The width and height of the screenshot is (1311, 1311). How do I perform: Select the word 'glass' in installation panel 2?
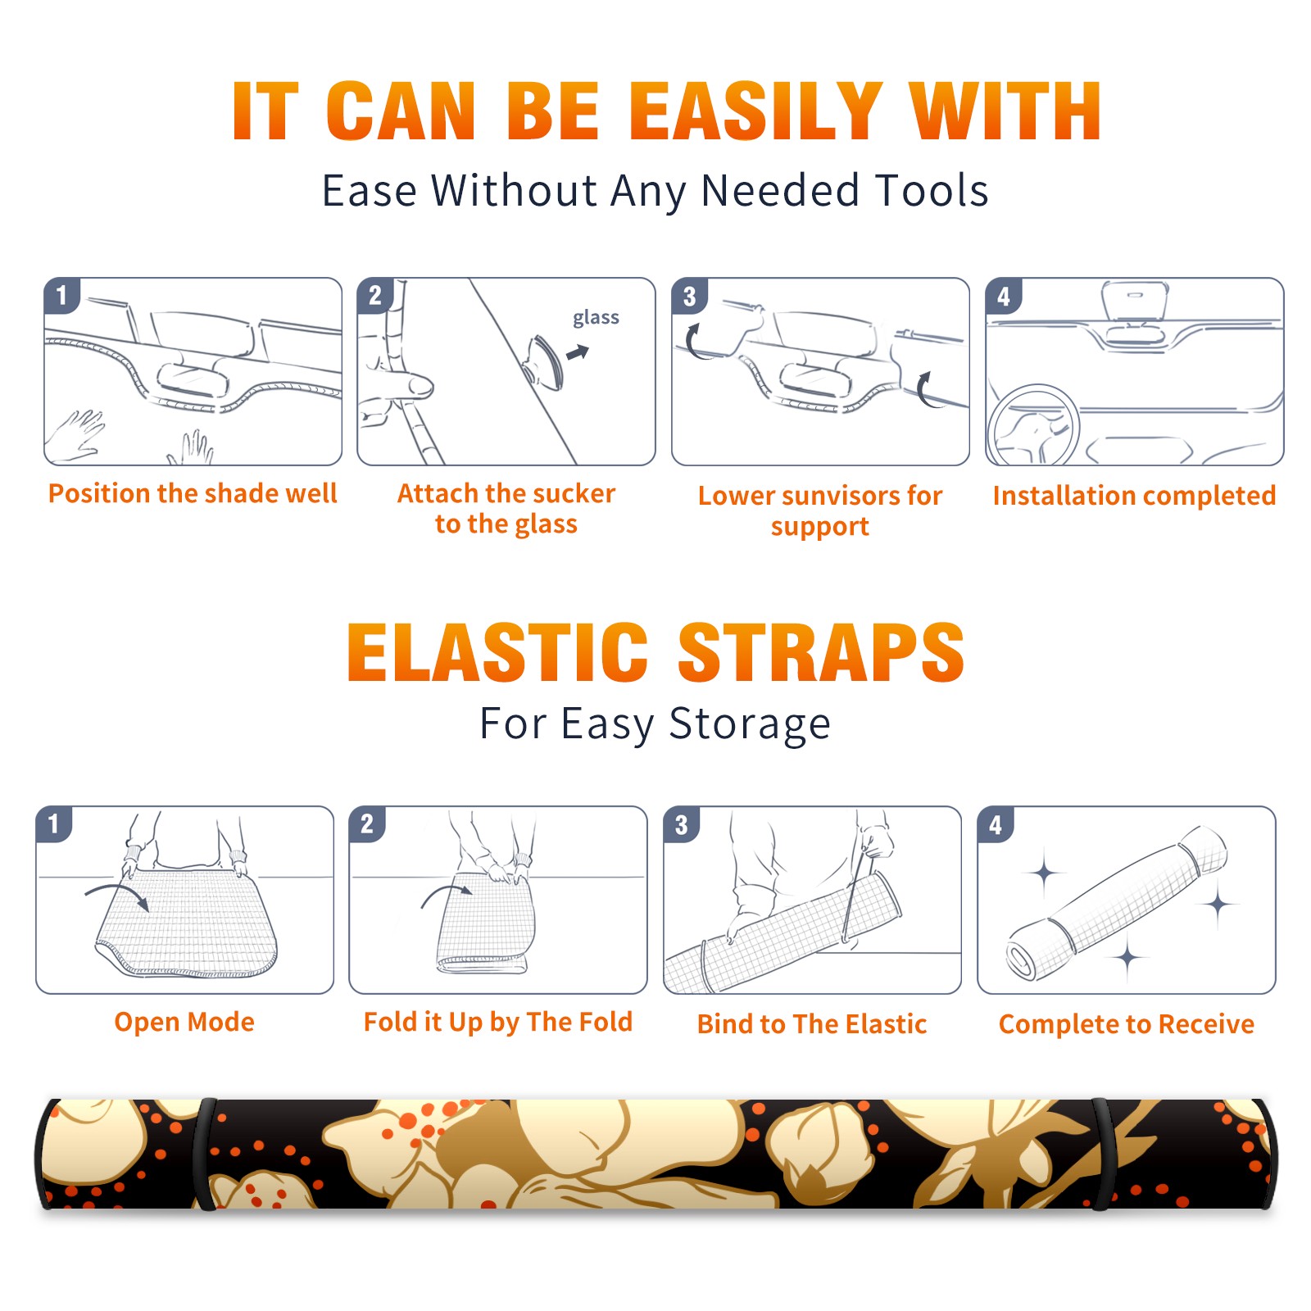596,318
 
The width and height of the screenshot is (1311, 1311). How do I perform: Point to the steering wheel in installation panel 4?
1032,425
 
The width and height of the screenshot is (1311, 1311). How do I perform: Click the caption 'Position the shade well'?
193,493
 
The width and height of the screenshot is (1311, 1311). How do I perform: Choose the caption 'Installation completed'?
1134,496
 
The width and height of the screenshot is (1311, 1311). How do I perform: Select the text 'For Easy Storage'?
655,724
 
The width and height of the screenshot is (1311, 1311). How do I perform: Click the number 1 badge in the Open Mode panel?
54,823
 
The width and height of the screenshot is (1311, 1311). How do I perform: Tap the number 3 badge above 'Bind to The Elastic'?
682,824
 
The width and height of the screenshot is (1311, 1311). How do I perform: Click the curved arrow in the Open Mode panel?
117,894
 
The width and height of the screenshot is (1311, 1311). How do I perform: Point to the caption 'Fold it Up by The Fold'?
498,1023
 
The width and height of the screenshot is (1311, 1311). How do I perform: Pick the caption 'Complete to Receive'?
1127,1024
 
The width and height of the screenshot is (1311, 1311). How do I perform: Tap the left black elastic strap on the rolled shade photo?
205,1154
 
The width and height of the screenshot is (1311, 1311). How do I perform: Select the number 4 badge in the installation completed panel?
1004,296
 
